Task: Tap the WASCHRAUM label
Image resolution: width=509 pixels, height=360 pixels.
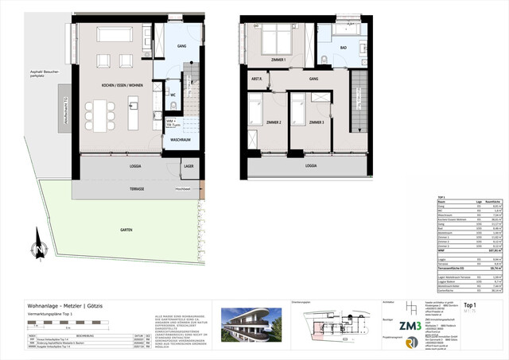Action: pos(180,139)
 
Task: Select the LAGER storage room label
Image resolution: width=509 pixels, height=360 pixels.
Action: pos(188,166)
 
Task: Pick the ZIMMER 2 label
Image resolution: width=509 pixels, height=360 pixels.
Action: pos(274,123)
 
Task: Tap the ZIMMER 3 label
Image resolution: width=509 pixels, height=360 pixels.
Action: pos(316,123)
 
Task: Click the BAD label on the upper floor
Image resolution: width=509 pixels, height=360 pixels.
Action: pos(344,48)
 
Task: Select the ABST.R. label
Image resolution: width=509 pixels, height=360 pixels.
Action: pos(258,79)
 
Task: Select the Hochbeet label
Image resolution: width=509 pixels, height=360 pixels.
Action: pos(182,191)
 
